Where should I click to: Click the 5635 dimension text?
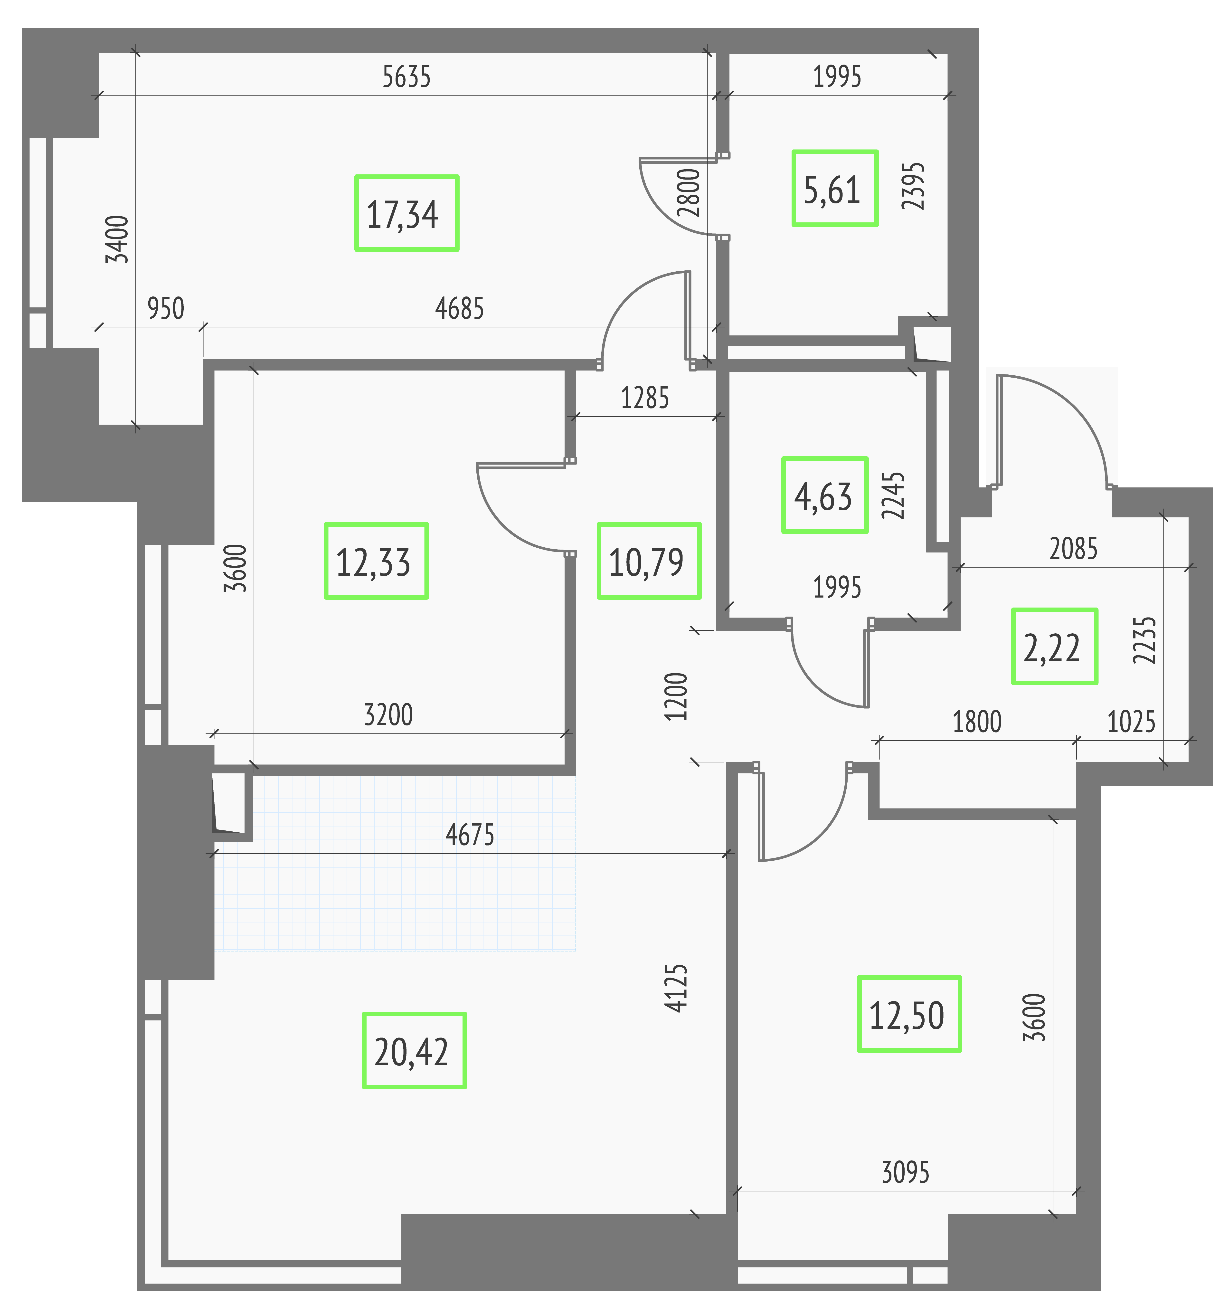click(407, 77)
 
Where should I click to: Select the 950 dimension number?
click(166, 308)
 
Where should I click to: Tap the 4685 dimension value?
click(460, 308)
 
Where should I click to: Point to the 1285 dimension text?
click(645, 398)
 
